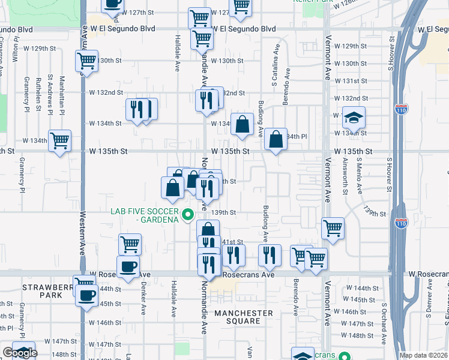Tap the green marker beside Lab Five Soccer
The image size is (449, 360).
point(188,214)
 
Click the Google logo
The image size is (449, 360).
point(20,353)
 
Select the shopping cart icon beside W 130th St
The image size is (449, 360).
point(87,61)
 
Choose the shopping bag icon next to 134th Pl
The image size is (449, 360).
point(276,139)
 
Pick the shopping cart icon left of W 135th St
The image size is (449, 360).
point(59,141)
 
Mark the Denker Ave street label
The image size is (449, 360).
point(143,301)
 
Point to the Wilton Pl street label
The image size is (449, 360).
point(14,50)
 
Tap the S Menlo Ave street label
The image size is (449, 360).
point(360,175)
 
